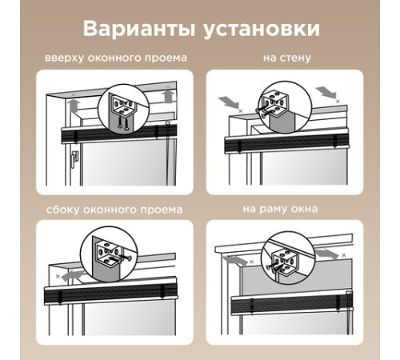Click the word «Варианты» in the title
click(x=139, y=29)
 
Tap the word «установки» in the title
click(x=262, y=29)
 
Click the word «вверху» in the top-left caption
click(x=64, y=58)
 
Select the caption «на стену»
click(x=287, y=58)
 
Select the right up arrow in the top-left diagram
click(x=169, y=96)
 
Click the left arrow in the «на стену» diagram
click(x=228, y=102)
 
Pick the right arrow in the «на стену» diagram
click(x=326, y=92)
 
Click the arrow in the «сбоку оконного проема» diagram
click(x=73, y=275)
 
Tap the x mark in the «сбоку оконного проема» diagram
click(x=58, y=277)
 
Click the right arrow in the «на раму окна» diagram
click(x=327, y=254)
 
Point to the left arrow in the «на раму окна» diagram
click(x=236, y=260)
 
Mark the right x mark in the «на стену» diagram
click(x=338, y=101)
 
